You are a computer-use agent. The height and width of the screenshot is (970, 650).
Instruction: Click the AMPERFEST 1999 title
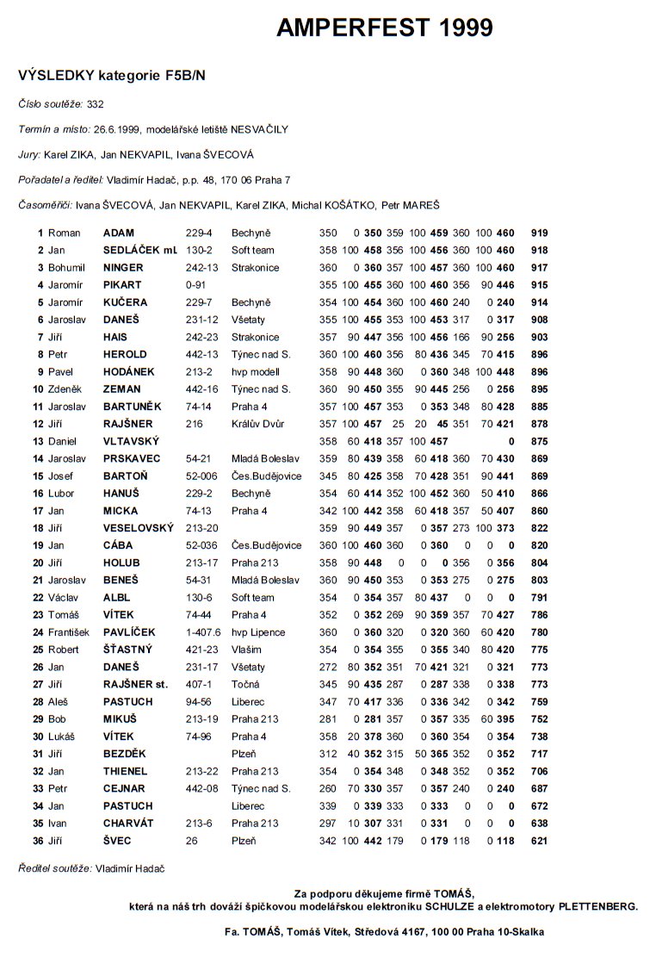(x=385, y=28)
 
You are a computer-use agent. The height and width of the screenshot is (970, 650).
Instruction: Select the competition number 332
(x=95, y=104)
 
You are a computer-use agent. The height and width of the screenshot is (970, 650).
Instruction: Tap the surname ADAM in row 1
(x=119, y=233)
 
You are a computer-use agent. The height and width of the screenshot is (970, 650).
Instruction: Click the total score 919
(x=540, y=233)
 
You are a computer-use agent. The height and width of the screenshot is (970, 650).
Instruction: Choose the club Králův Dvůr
(x=257, y=424)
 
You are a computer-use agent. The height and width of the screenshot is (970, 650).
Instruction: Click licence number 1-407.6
(x=204, y=632)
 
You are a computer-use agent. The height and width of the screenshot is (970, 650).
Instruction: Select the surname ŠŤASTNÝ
(x=127, y=650)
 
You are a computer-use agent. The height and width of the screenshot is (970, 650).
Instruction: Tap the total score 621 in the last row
(x=540, y=841)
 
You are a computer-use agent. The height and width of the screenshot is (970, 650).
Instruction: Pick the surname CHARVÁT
(x=127, y=824)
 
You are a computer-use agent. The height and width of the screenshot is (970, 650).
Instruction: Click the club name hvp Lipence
(x=257, y=632)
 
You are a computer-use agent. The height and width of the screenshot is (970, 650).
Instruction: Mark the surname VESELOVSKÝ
(x=138, y=528)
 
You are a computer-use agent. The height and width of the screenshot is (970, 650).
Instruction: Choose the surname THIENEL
(x=126, y=771)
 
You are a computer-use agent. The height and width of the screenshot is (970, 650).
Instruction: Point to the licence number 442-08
(x=202, y=788)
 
